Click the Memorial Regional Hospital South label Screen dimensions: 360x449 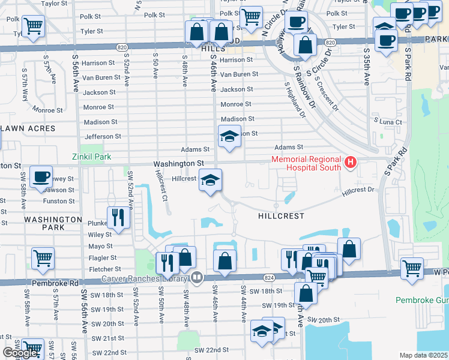pyautogui.click(x=306, y=164)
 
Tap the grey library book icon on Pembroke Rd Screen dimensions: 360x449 pyautogui.click(x=196, y=277)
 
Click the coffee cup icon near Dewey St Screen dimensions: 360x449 pyautogui.click(x=41, y=176)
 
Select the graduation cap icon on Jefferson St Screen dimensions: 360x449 pyautogui.click(x=229, y=136)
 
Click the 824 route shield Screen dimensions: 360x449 pyautogui.click(x=268, y=277)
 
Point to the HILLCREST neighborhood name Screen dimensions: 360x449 pyautogui.click(x=281, y=215)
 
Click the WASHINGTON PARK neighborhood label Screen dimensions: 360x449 pyautogui.click(x=53, y=224)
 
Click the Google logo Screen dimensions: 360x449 pyautogui.click(x=20, y=353)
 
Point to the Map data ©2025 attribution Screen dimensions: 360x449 pyautogui.click(x=424, y=355)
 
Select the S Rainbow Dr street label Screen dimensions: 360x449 pyautogui.click(x=303, y=85)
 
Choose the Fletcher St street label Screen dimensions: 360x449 pyautogui.click(x=105, y=269)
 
